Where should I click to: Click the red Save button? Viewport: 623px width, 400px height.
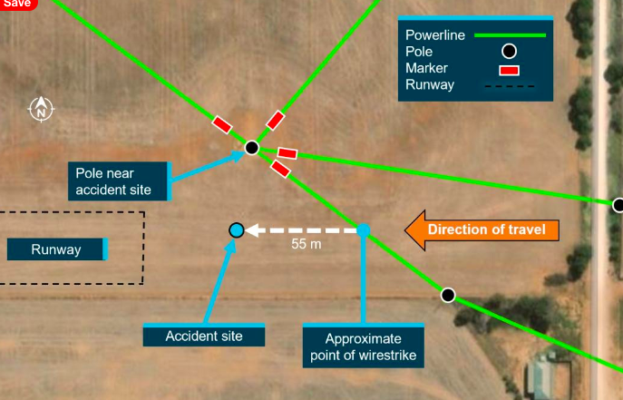[x=17, y=4]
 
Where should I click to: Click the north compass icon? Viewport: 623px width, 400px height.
[x=41, y=109]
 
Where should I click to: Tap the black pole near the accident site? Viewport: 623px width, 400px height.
[x=252, y=147]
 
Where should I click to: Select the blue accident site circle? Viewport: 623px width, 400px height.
[x=237, y=230]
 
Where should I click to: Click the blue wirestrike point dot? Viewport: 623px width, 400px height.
[x=363, y=230]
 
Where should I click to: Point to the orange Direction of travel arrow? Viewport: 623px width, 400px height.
[x=481, y=229]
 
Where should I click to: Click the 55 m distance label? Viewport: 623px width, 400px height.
[x=306, y=245]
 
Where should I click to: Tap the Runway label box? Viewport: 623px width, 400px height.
[x=57, y=249]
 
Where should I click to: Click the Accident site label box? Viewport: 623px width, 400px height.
[x=204, y=336]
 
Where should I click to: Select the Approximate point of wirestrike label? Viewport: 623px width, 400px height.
[x=363, y=346]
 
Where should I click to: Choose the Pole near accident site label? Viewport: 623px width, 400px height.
[x=119, y=181]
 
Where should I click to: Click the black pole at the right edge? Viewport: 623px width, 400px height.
[x=618, y=205]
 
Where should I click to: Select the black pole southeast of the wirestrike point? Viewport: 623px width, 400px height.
[x=448, y=295]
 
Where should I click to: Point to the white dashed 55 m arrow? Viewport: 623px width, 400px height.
[x=299, y=230]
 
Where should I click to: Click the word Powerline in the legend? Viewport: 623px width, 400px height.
[x=435, y=35]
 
